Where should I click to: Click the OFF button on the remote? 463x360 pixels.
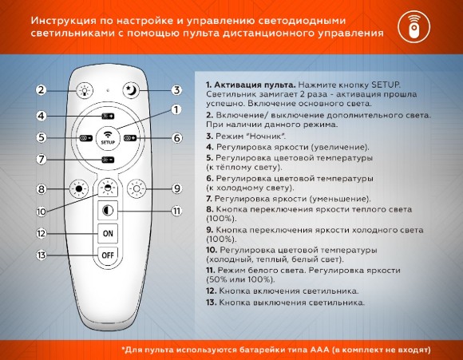click(107, 255)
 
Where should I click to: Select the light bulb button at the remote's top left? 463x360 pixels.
click(83, 90)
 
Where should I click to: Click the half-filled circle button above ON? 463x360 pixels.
click(107, 211)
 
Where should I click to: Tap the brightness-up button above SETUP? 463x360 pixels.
click(107, 117)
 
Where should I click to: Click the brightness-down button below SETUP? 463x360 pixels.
click(107, 160)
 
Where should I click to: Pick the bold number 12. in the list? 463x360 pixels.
click(211, 291)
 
